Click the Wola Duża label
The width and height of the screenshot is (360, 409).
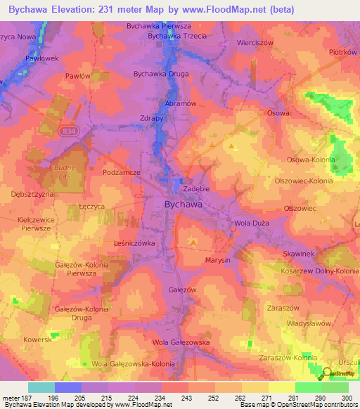pos(251,223)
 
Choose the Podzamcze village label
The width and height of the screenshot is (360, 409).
pos(122,172)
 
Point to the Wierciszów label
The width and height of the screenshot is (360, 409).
pos(274,42)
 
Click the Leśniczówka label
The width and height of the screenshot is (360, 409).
pos(133,242)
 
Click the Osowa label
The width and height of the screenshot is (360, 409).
pos(278,112)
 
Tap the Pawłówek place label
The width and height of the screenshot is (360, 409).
pos(41,58)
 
